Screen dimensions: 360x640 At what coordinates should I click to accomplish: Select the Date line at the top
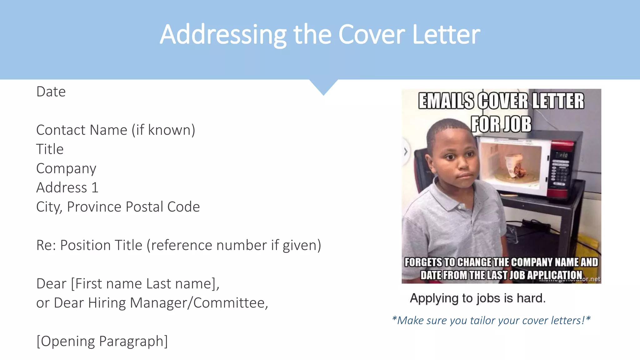click(x=51, y=92)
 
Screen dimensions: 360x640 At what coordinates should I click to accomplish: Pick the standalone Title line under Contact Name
click(x=50, y=149)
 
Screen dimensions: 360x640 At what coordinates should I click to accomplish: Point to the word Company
click(x=66, y=169)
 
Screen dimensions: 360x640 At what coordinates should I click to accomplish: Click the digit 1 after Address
click(x=95, y=188)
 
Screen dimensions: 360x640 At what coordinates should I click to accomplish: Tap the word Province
click(x=94, y=207)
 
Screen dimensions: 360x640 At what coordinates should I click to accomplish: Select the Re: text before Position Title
click(x=46, y=245)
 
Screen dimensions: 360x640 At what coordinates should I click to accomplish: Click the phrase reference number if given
click(x=234, y=245)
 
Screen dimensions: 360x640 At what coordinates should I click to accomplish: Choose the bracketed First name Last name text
click(x=145, y=284)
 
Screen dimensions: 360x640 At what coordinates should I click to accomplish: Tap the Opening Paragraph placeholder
click(x=102, y=341)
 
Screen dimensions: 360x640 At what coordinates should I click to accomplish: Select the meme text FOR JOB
click(x=501, y=124)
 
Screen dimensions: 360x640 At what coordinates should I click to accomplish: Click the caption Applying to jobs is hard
click(x=477, y=298)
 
